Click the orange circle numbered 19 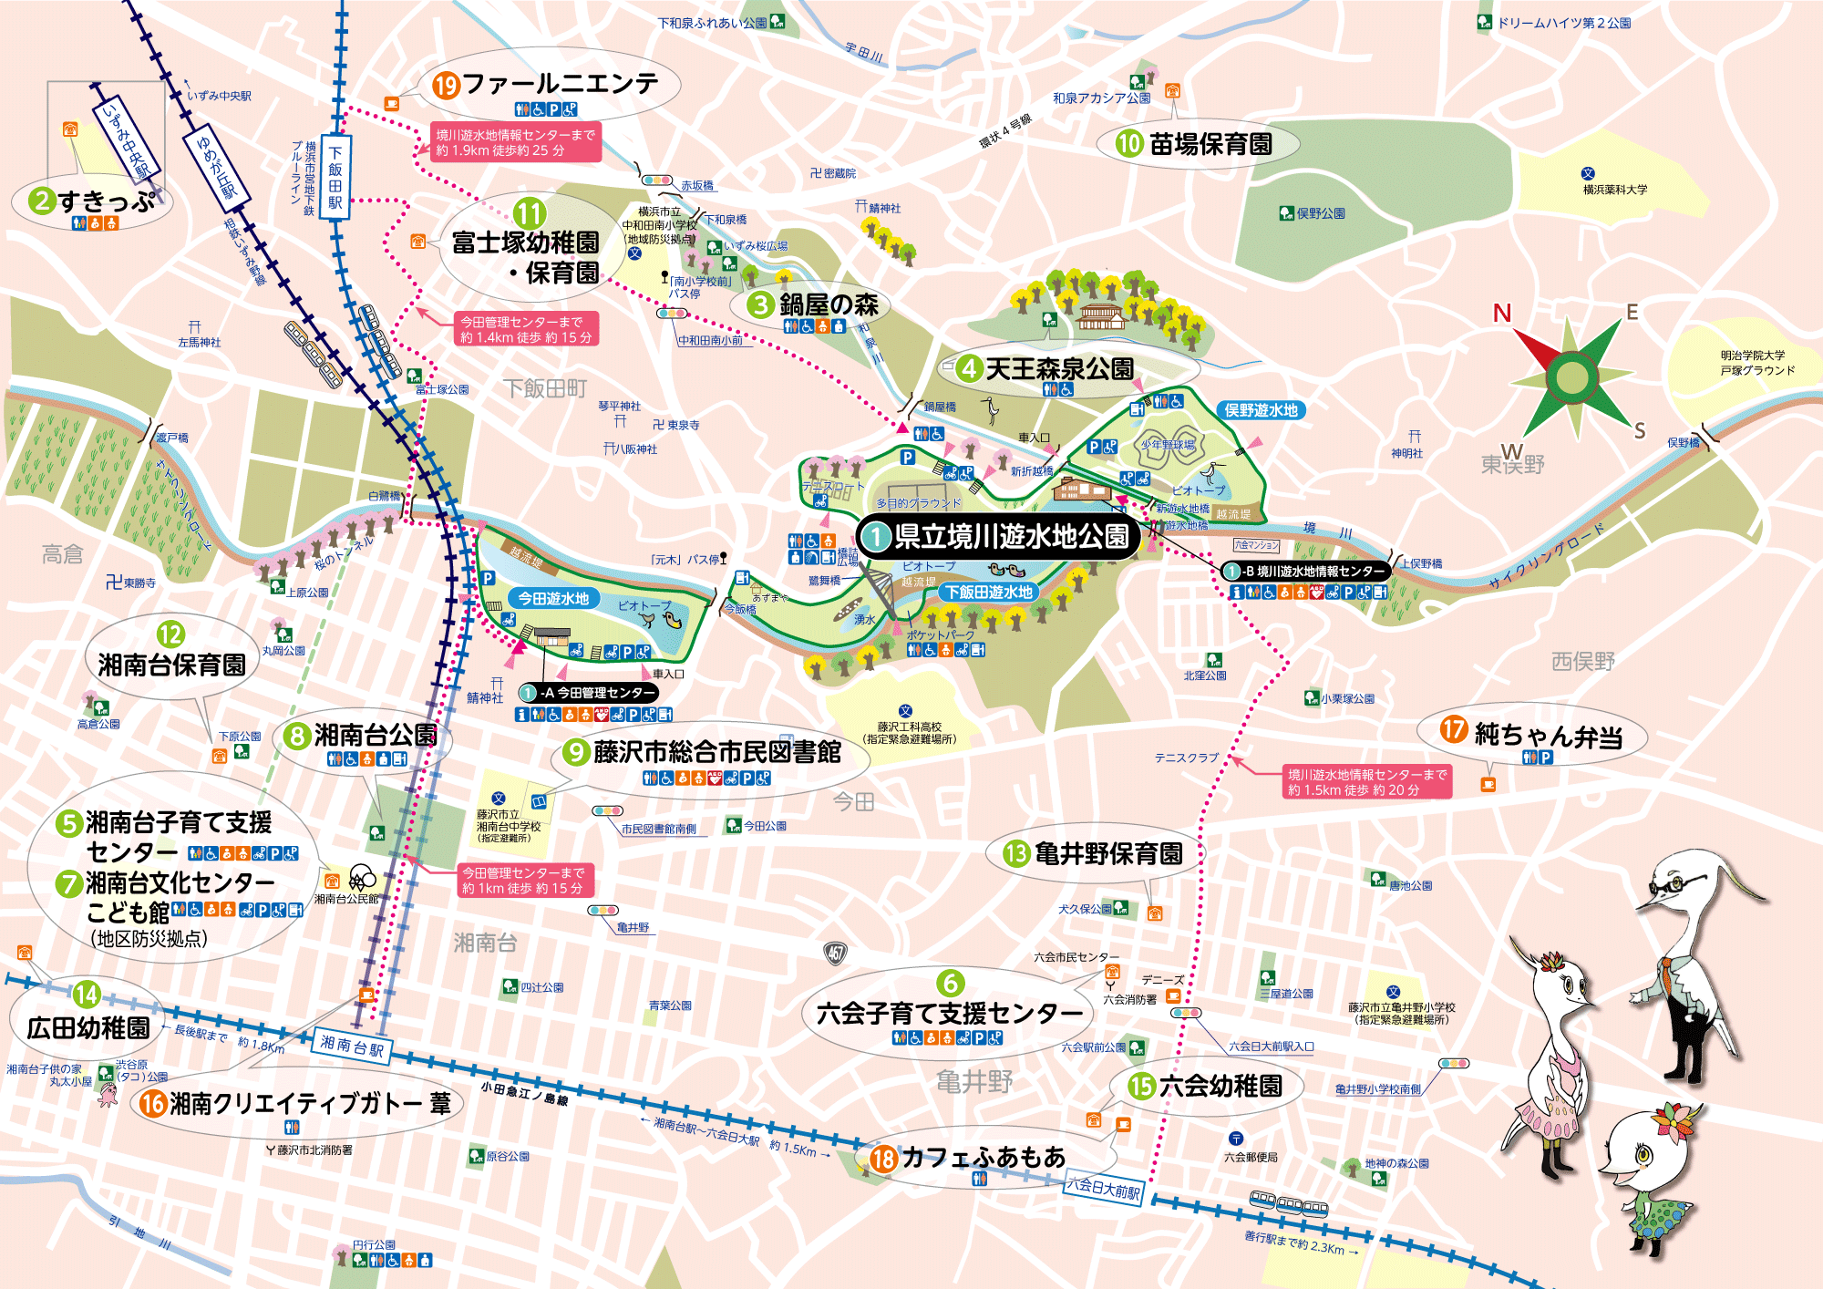[x=446, y=86]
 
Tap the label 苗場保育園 [x=1210, y=144]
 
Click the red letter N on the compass [x=1501, y=314]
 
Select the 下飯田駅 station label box [x=335, y=179]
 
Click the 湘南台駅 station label [x=353, y=1046]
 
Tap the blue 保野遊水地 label [x=1261, y=410]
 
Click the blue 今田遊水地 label [x=553, y=598]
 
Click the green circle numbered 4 [x=968, y=369]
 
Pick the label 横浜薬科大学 [x=1614, y=190]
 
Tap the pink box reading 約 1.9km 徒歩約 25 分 [x=515, y=143]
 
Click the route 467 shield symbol [x=835, y=954]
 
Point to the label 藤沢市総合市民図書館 [x=716, y=752]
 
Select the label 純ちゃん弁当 [x=1548, y=735]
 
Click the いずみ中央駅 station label [x=126, y=138]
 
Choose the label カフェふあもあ [x=983, y=1157]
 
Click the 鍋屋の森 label [x=828, y=304]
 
